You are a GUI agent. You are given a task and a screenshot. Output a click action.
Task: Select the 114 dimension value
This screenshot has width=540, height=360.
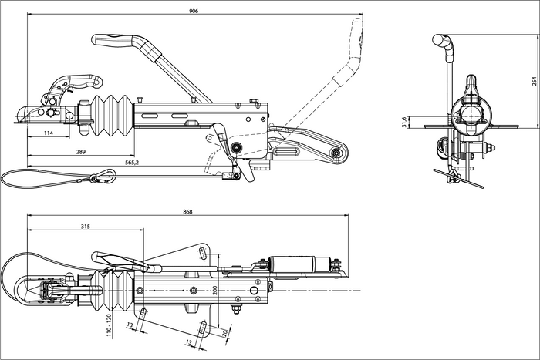pyautogui.click(x=48, y=133)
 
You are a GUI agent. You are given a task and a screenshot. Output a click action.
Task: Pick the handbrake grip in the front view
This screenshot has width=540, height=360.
pyautogui.click(x=442, y=40)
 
